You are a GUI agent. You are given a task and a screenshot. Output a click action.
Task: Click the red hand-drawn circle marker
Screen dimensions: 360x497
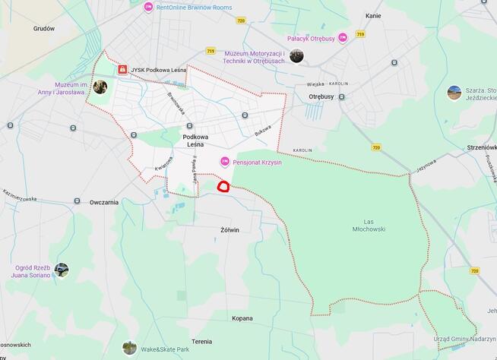click(223, 185)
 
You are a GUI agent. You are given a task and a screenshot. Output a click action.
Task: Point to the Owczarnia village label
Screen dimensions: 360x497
click(104, 202)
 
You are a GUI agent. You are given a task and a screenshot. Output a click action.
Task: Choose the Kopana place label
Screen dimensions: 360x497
click(242, 317)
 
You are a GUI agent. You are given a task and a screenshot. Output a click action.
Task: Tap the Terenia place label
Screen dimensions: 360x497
click(202, 341)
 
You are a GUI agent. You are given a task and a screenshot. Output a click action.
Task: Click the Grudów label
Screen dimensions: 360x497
click(44, 28)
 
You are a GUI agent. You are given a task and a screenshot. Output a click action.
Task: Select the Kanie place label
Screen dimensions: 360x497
click(373, 15)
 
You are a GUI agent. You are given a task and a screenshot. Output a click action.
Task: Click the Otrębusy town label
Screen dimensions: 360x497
click(321, 96)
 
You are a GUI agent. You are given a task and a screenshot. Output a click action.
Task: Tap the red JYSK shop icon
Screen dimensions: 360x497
click(122, 69)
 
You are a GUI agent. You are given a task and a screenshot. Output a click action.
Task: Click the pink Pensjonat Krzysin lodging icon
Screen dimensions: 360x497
click(224, 162)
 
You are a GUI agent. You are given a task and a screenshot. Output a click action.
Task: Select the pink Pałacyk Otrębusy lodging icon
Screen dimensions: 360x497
click(343, 37)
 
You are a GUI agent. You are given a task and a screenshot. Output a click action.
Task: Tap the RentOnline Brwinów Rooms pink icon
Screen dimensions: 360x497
click(148, 7)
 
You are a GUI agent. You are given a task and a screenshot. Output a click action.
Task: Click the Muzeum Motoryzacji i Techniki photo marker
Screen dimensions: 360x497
click(296, 55)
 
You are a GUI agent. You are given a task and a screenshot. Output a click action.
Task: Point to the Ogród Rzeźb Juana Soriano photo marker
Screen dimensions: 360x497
click(62, 270)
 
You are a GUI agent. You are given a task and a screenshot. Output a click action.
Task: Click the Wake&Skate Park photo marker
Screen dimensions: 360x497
click(130, 348)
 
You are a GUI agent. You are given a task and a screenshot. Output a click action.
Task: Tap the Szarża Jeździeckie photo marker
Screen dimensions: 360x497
click(454, 93)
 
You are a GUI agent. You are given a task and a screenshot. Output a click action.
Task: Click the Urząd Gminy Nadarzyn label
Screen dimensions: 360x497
click(465, 339)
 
